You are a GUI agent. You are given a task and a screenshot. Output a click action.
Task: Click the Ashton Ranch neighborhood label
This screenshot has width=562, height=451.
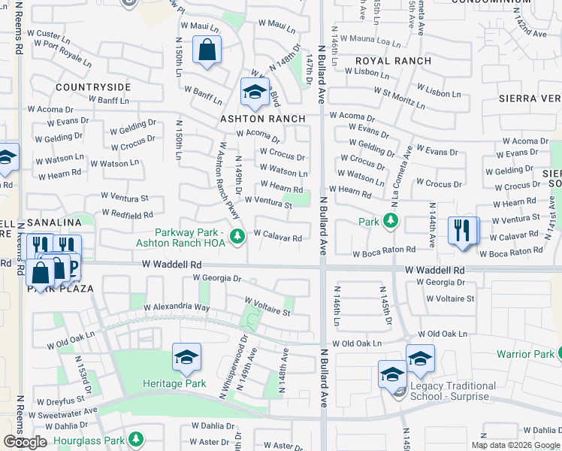[x=262, y=119]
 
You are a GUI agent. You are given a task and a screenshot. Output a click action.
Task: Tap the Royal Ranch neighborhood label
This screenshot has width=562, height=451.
[x=384, y=60]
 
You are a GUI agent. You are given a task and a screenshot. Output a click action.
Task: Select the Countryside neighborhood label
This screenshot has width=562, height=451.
[x=93, y=87]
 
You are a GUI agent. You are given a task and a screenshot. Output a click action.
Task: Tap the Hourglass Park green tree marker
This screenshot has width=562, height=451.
[x=136, y=437]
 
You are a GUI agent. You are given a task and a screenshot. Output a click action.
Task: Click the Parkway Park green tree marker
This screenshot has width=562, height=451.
[x=237, y=237]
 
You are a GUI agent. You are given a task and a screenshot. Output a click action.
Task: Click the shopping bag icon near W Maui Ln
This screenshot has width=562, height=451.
[x=207, y=50]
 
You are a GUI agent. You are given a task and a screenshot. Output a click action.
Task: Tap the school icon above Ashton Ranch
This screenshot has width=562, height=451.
[x=255, y=92]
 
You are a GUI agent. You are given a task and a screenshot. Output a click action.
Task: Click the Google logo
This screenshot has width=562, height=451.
[x=25, y=442]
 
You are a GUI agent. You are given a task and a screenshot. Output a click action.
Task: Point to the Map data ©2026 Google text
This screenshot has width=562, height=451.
[x=515, y=445]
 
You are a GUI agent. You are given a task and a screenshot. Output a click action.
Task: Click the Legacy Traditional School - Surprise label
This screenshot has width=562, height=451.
[x=453, y=391]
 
